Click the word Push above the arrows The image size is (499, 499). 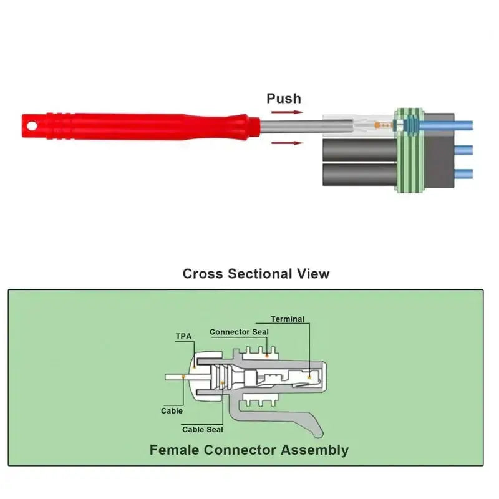284,99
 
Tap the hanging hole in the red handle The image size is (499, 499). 32,127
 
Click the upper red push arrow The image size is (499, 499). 287,112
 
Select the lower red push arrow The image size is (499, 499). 287,143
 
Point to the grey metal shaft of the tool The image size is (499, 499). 306,127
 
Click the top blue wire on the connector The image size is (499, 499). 445,125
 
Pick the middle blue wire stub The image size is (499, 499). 463,150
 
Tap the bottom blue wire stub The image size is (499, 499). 463,174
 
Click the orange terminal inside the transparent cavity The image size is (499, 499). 377,125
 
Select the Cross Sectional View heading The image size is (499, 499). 256,274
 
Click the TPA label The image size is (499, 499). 184,336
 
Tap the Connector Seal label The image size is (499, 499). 239,332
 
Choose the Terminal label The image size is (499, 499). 288,319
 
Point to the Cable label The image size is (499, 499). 172,411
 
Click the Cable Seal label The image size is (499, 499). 202,430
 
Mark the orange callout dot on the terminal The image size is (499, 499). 309,377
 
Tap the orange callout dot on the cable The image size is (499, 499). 183,377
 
